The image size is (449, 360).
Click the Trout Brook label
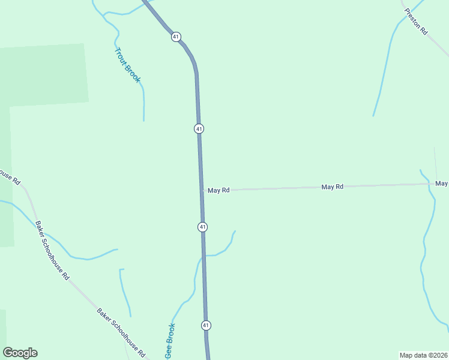click(127, 65)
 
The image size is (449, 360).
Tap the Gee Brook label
click(170, 341)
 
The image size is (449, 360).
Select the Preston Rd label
click(415, 21)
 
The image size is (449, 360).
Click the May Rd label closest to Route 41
click(219, 190)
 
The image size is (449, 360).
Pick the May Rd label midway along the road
click(332, 187)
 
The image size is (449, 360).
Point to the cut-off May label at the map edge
click(442, 183)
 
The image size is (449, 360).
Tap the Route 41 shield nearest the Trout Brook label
click(175, 37)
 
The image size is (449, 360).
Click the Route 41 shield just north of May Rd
click(199, 128)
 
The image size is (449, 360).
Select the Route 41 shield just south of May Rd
click(203, 227)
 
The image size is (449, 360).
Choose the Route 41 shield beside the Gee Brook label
click(206, 325)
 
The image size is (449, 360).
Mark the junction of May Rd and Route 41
click(202, 191)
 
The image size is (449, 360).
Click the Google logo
click(20, 353)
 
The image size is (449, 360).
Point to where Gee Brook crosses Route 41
click(204, 256)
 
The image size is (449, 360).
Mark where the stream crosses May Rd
click(429, 184)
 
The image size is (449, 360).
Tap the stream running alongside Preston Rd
click(384, 66)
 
